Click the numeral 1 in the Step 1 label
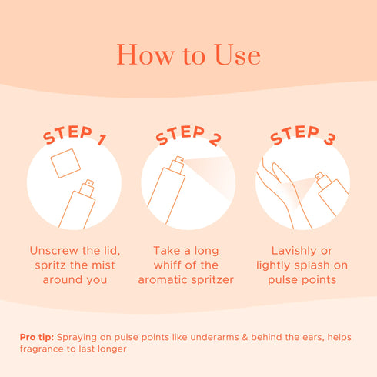[x=102, y=139]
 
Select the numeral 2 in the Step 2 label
[x=215, y=139]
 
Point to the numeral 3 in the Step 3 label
[x=329, y=139]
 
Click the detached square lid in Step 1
[x=65, y=163]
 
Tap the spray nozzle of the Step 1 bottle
[x=87, y=188]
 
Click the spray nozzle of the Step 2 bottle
[x=177, y=165]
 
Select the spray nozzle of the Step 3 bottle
[x=323, y=180]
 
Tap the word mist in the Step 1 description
[x=103, y=265]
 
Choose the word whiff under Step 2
[x=167, y=265]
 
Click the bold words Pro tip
[x=37, y=337]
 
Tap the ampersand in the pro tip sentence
[x=245, y=337]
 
